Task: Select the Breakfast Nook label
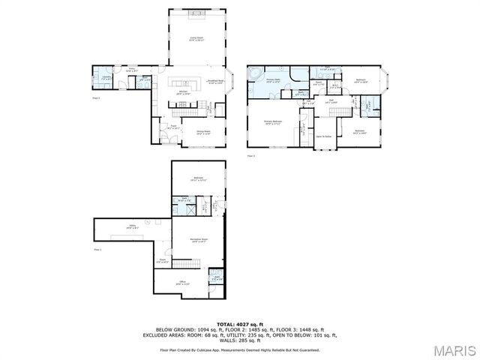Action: coord(216,83)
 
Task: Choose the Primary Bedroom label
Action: coord(272,121)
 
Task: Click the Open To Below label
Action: coord(324,136)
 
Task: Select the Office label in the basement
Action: coord(181,283)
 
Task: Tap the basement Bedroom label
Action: coord(199,178)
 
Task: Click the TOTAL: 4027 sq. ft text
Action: coord(240,323)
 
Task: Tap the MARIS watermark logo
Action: coord(452,350)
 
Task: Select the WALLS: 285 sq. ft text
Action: coord(240,341)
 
